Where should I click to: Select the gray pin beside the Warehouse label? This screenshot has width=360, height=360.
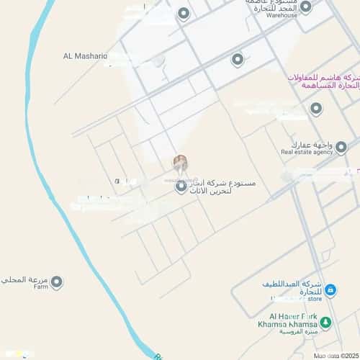tap(305, 7)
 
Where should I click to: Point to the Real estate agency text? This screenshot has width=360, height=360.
tap(307, 152)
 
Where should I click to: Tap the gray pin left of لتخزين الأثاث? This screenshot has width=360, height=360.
tap(181, 186)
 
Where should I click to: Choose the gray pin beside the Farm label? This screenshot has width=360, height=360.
tap(56, 282)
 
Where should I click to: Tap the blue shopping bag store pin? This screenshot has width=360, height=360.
tap(330, 290)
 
